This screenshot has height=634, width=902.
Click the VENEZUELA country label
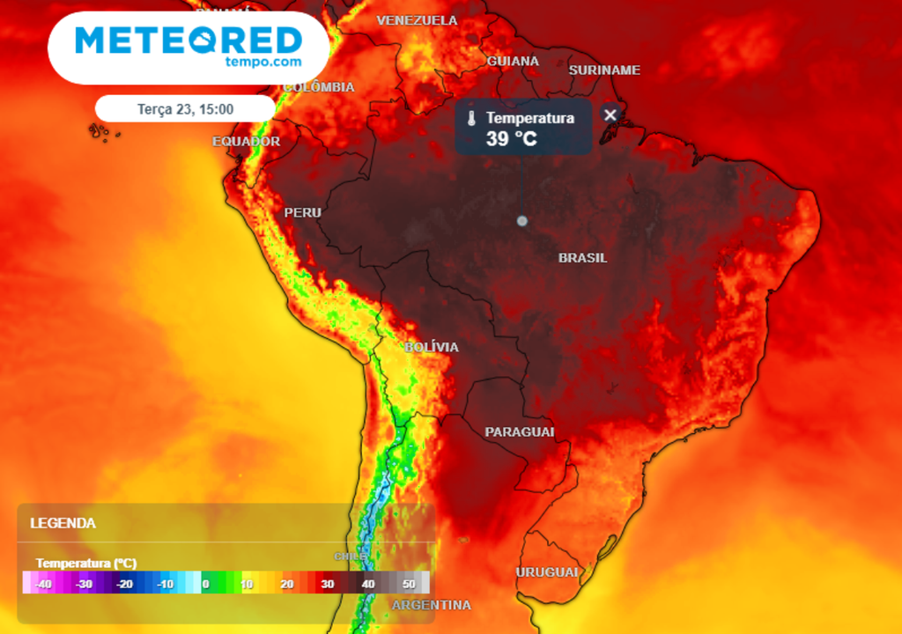click(x=417, y=20)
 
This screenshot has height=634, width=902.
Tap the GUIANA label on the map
click(x=513, y=61)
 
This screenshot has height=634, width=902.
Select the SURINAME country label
click(x=604, y=70)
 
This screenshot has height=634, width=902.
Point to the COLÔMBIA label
click(x=319, y=87)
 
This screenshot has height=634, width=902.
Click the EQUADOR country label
click(x=246, y=141)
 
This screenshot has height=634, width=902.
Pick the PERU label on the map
click(x=302, y=212)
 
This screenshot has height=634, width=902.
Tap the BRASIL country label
click(x=582, y=258)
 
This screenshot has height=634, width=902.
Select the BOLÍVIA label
click(x=432, y=347)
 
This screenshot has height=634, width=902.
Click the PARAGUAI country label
click(x=520, y=431)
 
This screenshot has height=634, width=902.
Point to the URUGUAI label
click(x=547, y=572)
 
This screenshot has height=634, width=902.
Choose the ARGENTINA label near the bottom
click(x=431, y=605)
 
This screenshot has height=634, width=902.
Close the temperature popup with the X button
click(x=610, y=114)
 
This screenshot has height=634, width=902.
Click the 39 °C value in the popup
click(x=511, y=138)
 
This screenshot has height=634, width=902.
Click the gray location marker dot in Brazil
click(x=521, y=221)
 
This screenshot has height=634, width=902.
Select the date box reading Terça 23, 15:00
click(x=185, y=108)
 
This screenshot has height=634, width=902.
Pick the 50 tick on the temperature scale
click(x=409, y=583)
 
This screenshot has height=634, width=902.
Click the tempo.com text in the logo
click(x=262, y=62)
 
